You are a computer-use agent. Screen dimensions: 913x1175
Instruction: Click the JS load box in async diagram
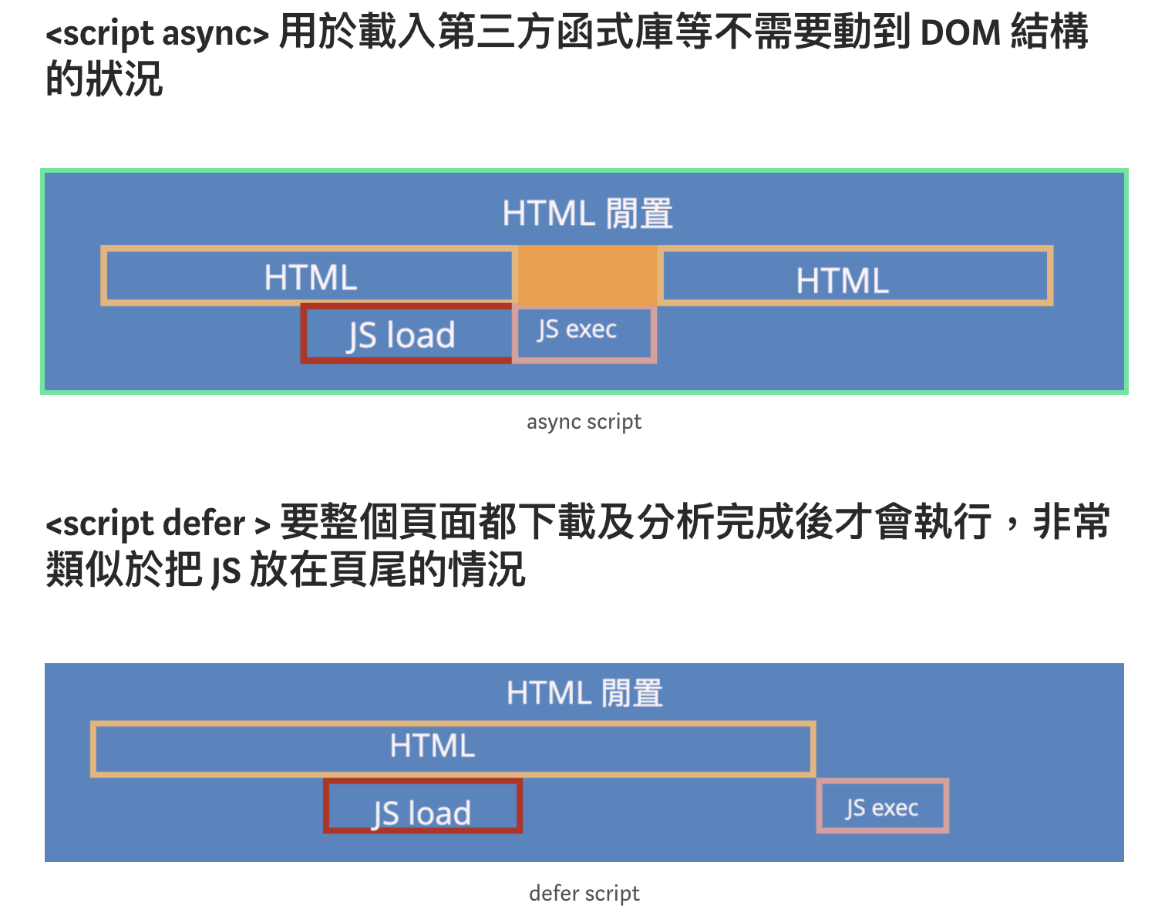pos(406,334)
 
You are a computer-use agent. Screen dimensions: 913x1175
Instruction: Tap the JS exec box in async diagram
pos(585,334)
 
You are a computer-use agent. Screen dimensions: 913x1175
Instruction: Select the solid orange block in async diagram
pos(587,275)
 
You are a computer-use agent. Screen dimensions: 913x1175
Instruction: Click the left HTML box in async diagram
pos(309,276)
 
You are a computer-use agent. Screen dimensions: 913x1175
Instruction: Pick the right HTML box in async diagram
pos(856,276)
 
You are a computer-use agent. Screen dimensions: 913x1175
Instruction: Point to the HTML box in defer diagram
pos(453,748)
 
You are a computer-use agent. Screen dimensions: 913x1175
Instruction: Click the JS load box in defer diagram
pos(423,807)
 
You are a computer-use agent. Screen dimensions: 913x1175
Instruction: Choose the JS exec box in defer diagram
pos(882,807)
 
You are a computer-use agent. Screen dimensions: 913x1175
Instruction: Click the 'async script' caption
pos(584,422)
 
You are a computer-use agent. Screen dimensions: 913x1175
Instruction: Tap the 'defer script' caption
pos(584,893)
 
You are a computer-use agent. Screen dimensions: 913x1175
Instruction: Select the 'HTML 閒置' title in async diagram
pos(587,214)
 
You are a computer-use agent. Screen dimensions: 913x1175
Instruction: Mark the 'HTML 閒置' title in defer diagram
pos(584,692)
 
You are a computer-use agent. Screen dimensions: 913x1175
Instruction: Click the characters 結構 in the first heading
pos(1049,33)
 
